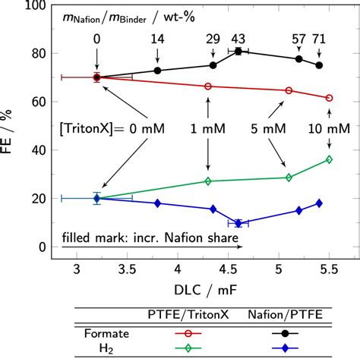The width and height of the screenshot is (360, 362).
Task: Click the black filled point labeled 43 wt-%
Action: [238, 51]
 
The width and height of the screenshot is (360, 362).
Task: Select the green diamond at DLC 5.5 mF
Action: [329, 159]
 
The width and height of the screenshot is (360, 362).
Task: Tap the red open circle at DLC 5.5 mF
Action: [329, 98]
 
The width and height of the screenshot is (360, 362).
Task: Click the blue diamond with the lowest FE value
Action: [238, 223]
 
